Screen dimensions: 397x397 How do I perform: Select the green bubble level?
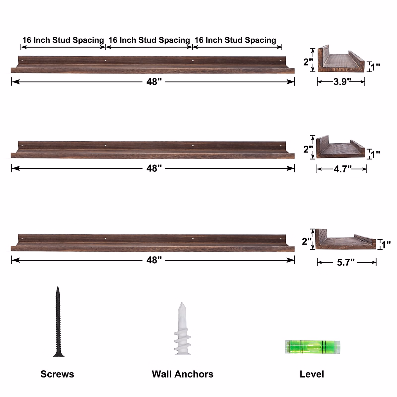[x=312, y=347]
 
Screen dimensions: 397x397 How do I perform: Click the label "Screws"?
[x=57, y=374]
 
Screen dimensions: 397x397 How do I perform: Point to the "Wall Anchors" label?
[x=182, y=374]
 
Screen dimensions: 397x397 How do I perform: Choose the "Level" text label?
[x=312, y=374]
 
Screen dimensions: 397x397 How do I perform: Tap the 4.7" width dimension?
[x=342, y=169]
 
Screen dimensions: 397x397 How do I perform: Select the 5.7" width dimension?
[x=346, y=263]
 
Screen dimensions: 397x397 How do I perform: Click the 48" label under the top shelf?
[x=154, y=82]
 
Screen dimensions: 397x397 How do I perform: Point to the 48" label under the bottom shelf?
[x=154, y=260]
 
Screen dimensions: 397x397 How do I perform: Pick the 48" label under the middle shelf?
[x=154, y=169]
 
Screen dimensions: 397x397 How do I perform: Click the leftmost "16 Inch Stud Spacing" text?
[x=63, y=40]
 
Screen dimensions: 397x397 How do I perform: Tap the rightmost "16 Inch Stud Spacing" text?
[x=235, y=40]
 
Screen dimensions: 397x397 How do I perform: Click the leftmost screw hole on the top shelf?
[x=22, y=61]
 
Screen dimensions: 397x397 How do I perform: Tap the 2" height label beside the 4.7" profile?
[x=308, y=149]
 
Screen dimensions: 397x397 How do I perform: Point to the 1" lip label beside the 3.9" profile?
[x=375, y=67]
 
